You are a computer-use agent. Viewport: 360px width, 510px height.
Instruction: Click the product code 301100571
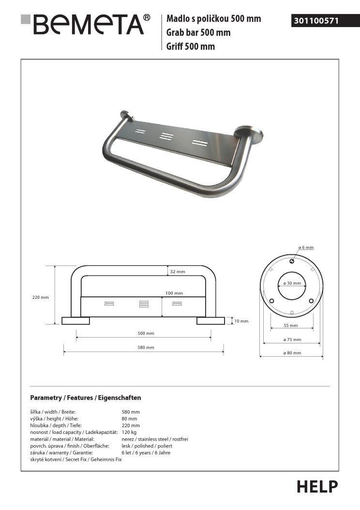coord(315,21)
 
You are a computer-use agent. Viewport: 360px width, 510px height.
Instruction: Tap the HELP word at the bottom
coord(317,486)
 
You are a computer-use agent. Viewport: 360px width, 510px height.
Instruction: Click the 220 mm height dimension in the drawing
coord(41,297)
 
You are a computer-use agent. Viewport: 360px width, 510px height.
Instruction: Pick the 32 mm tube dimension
coord(178,272)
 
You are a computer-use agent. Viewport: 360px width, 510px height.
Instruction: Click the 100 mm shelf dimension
coord(175,293)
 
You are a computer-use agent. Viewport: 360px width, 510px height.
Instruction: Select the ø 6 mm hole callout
coord(306,247)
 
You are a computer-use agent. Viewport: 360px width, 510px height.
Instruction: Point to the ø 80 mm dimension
coord(292,353)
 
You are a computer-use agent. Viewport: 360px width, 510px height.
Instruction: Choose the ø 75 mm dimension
coord(292,340)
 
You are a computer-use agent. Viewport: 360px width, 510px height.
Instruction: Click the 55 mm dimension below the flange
coord(291,325)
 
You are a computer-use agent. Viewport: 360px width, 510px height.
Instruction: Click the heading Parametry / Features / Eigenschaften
coord(86,398)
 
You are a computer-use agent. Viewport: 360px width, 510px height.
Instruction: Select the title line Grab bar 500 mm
coord(198,33)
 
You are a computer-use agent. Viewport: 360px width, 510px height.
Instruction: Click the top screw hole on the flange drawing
coord(292,262)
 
